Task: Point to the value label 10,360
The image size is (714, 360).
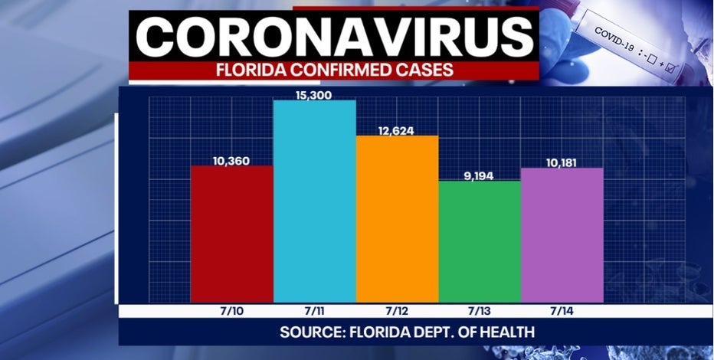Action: point(231,160)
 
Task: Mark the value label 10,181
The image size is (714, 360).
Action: point(561,162)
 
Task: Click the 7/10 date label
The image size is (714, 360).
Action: point(231,312)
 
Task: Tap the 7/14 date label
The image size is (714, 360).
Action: point(561,312)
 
